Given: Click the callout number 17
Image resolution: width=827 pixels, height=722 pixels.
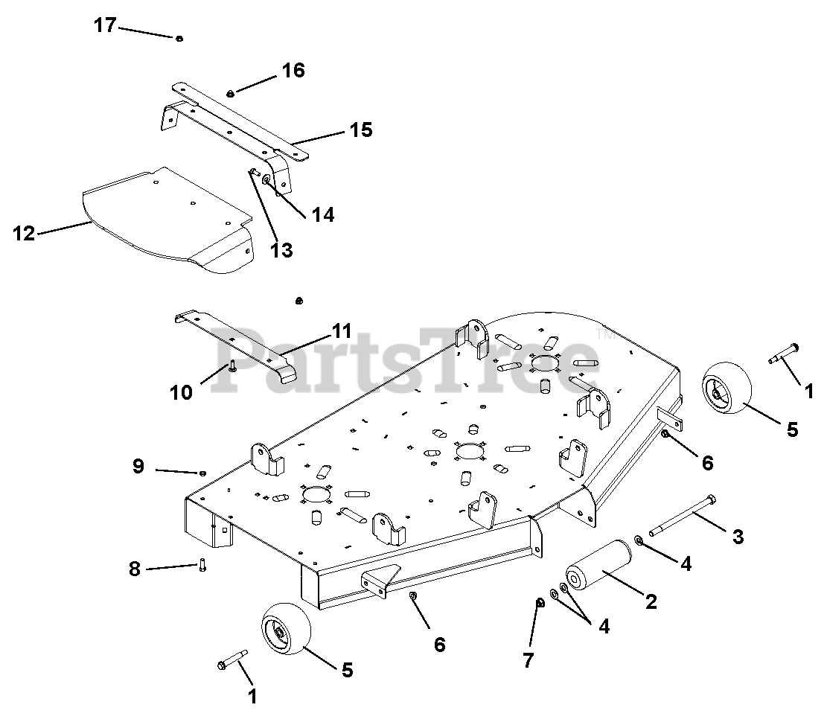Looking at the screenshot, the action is click(x=105, y=25).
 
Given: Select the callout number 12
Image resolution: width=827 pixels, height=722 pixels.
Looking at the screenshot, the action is click(x=24, y=233).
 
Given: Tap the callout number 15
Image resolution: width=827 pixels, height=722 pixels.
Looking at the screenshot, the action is click(x=361, y=130).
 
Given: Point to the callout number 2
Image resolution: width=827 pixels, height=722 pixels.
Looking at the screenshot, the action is click(x=651, y=601).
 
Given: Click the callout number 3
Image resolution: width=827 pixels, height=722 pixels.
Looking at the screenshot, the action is click(x=738, y=537).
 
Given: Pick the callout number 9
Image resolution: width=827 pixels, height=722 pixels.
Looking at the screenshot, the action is click(x=138, y=466).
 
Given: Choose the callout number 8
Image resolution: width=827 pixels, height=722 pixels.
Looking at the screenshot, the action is click(x=135, y=569).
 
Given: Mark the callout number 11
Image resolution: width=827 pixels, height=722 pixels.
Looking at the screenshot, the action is click(x=342, y=330).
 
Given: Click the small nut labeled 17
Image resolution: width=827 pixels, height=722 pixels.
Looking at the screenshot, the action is click(x=179, y=39).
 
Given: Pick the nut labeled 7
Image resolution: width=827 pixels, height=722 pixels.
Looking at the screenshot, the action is click(x=540, y=602).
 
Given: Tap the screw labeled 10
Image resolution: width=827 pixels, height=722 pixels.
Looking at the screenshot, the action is click(x=232, y=366).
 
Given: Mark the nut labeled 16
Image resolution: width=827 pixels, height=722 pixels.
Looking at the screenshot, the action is click(x=230, y=93).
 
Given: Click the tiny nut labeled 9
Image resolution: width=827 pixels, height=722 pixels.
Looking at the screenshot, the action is click(x=203, y=473).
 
